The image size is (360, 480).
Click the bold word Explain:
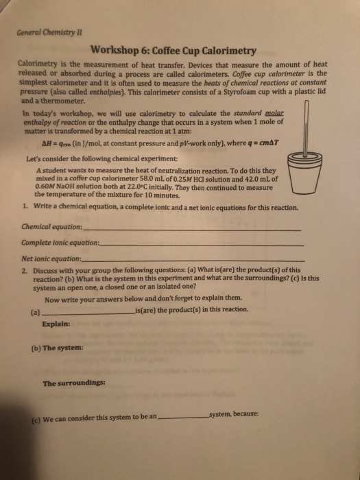(56, 324)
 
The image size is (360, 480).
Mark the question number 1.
(24, 206)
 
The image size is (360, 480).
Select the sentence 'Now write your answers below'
(143, 298)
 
